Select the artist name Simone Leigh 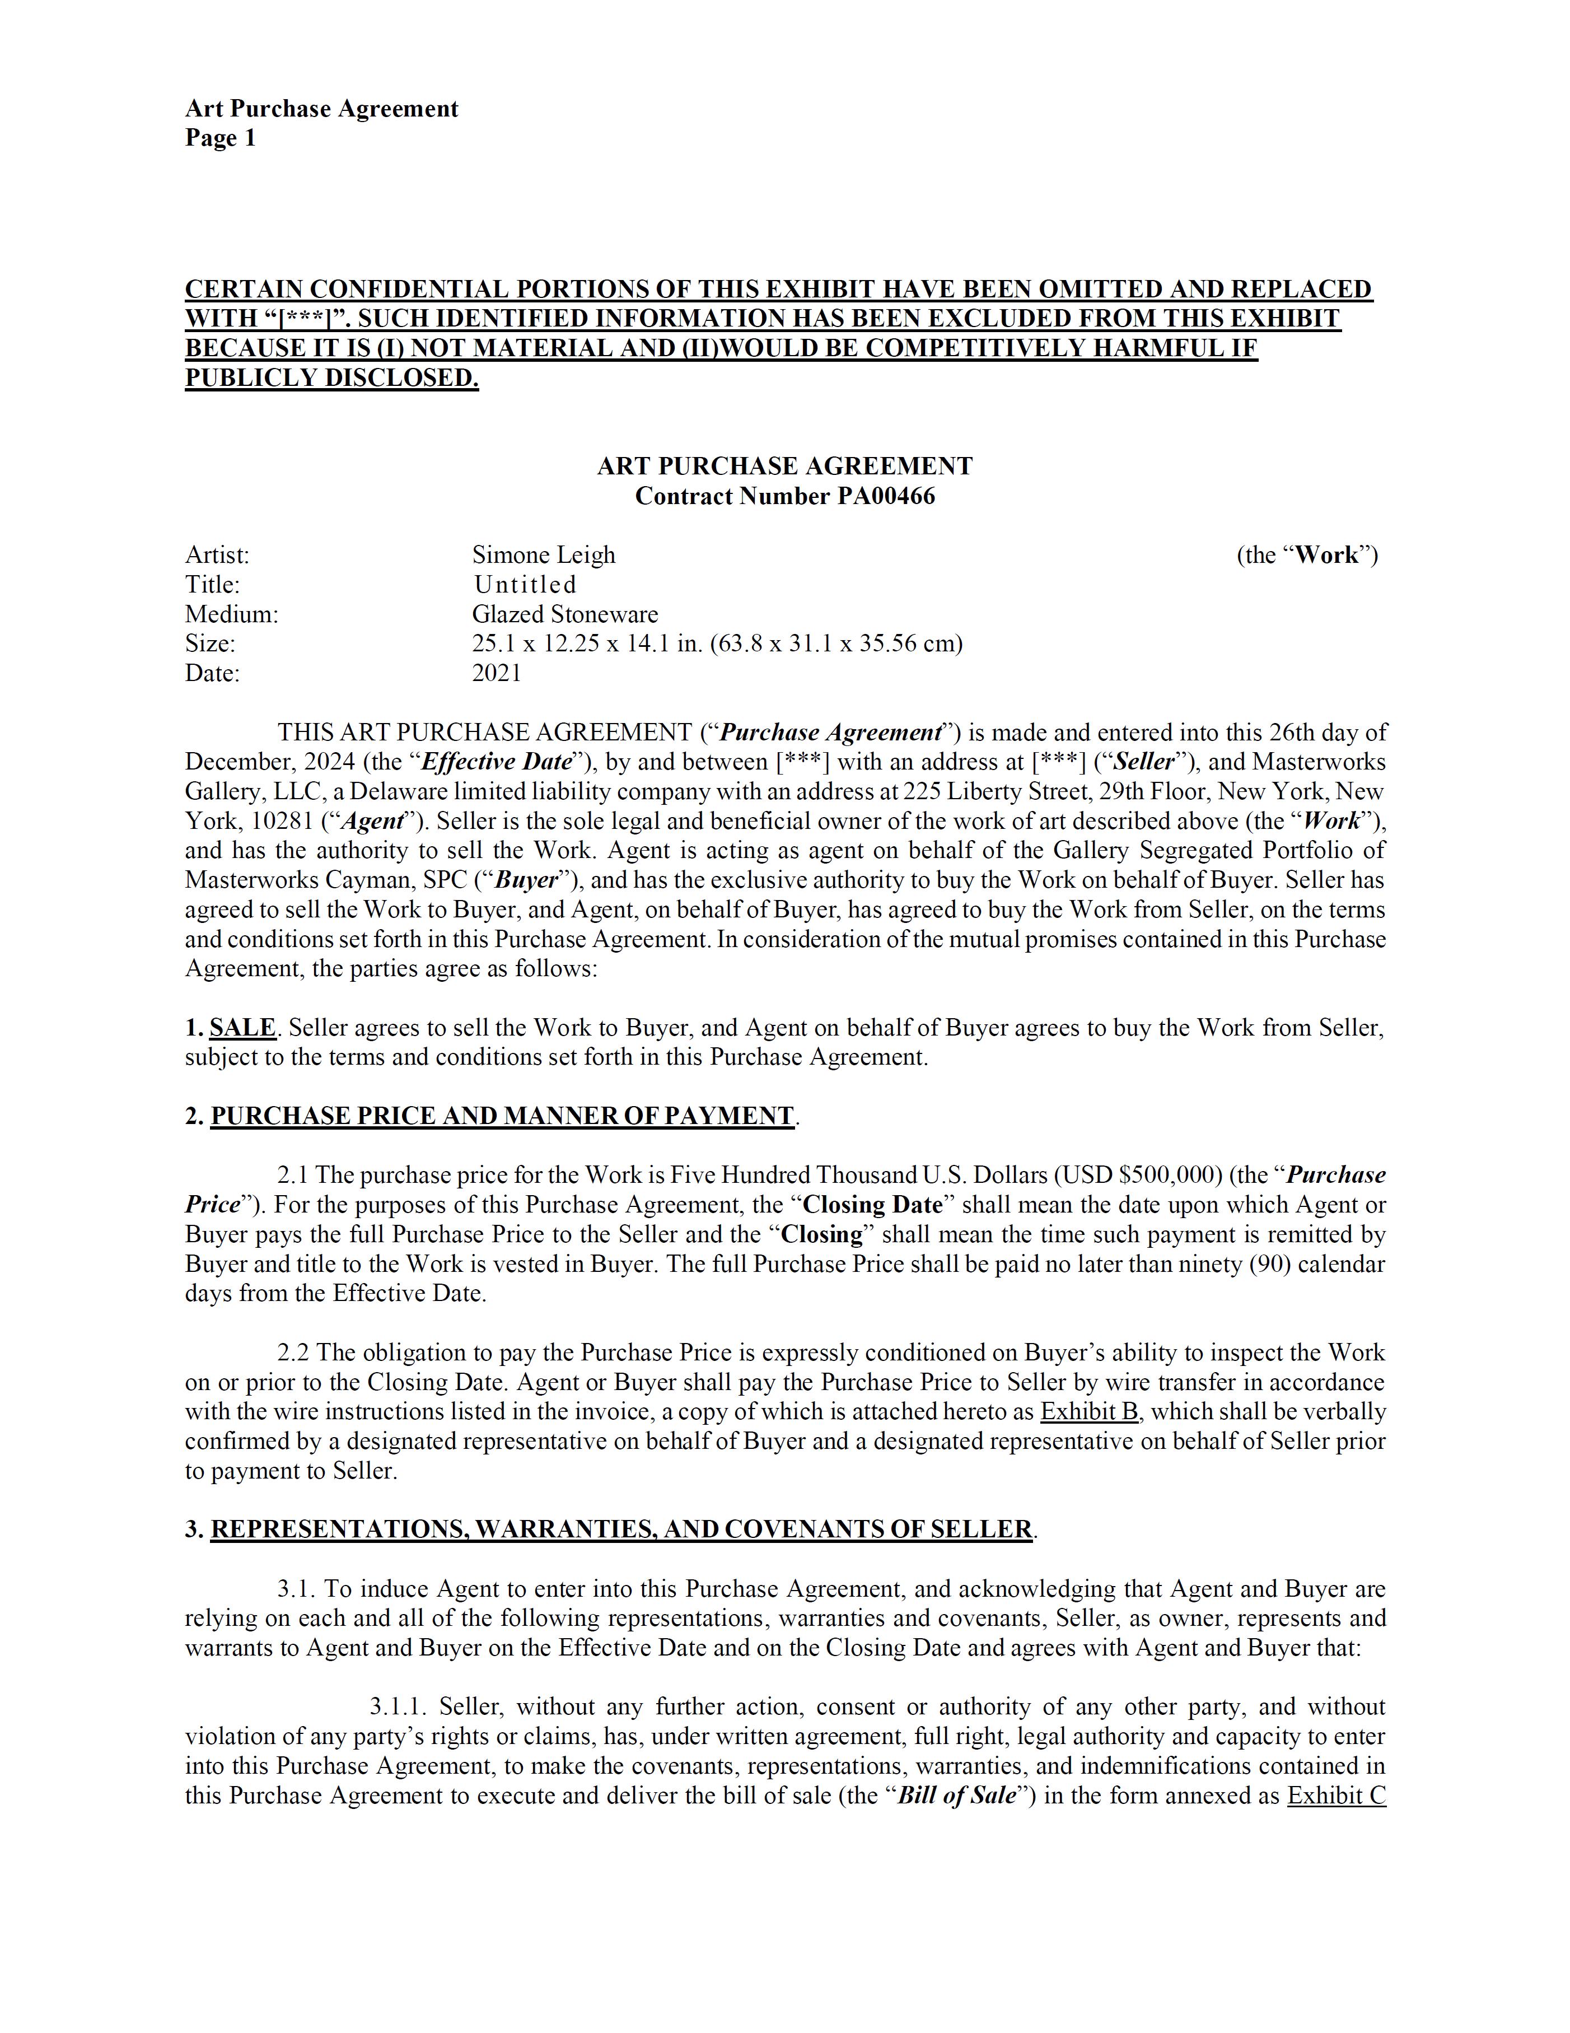point(544,555)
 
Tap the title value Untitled point(525,585)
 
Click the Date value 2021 point(497,673)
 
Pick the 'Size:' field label point(211,644)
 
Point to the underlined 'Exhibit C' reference point(1337,1796)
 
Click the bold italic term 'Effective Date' point(496,762)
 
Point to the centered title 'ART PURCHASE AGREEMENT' point(784,467)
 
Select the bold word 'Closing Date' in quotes point(872,1205)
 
